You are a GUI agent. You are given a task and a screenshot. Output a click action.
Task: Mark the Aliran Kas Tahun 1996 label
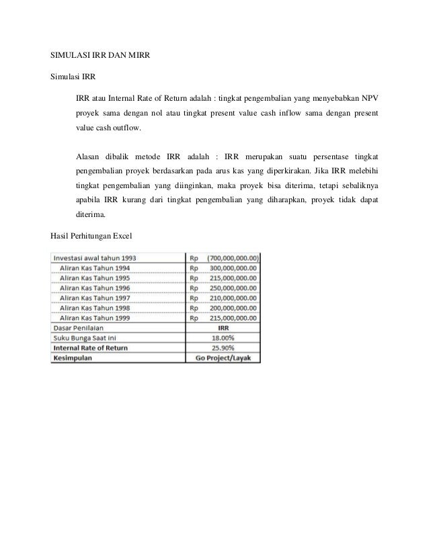click(95, 287)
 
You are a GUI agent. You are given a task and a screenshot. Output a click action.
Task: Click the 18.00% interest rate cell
click(223, 338)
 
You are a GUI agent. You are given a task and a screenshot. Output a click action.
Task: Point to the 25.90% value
click(223, 348)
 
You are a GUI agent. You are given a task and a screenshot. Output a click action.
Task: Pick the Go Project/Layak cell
click(223, 358)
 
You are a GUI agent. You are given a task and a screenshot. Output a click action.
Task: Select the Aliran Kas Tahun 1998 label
click(95, 307)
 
